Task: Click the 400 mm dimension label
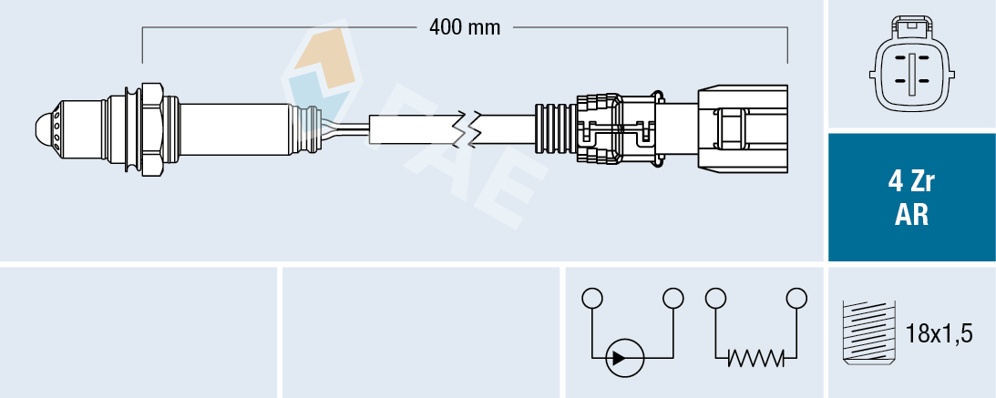pos(465,27)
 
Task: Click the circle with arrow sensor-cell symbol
pos(625,356)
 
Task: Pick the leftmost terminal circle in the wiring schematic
pos(592,298)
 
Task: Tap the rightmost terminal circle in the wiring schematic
pos(796,298)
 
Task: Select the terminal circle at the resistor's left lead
pos(715,298)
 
